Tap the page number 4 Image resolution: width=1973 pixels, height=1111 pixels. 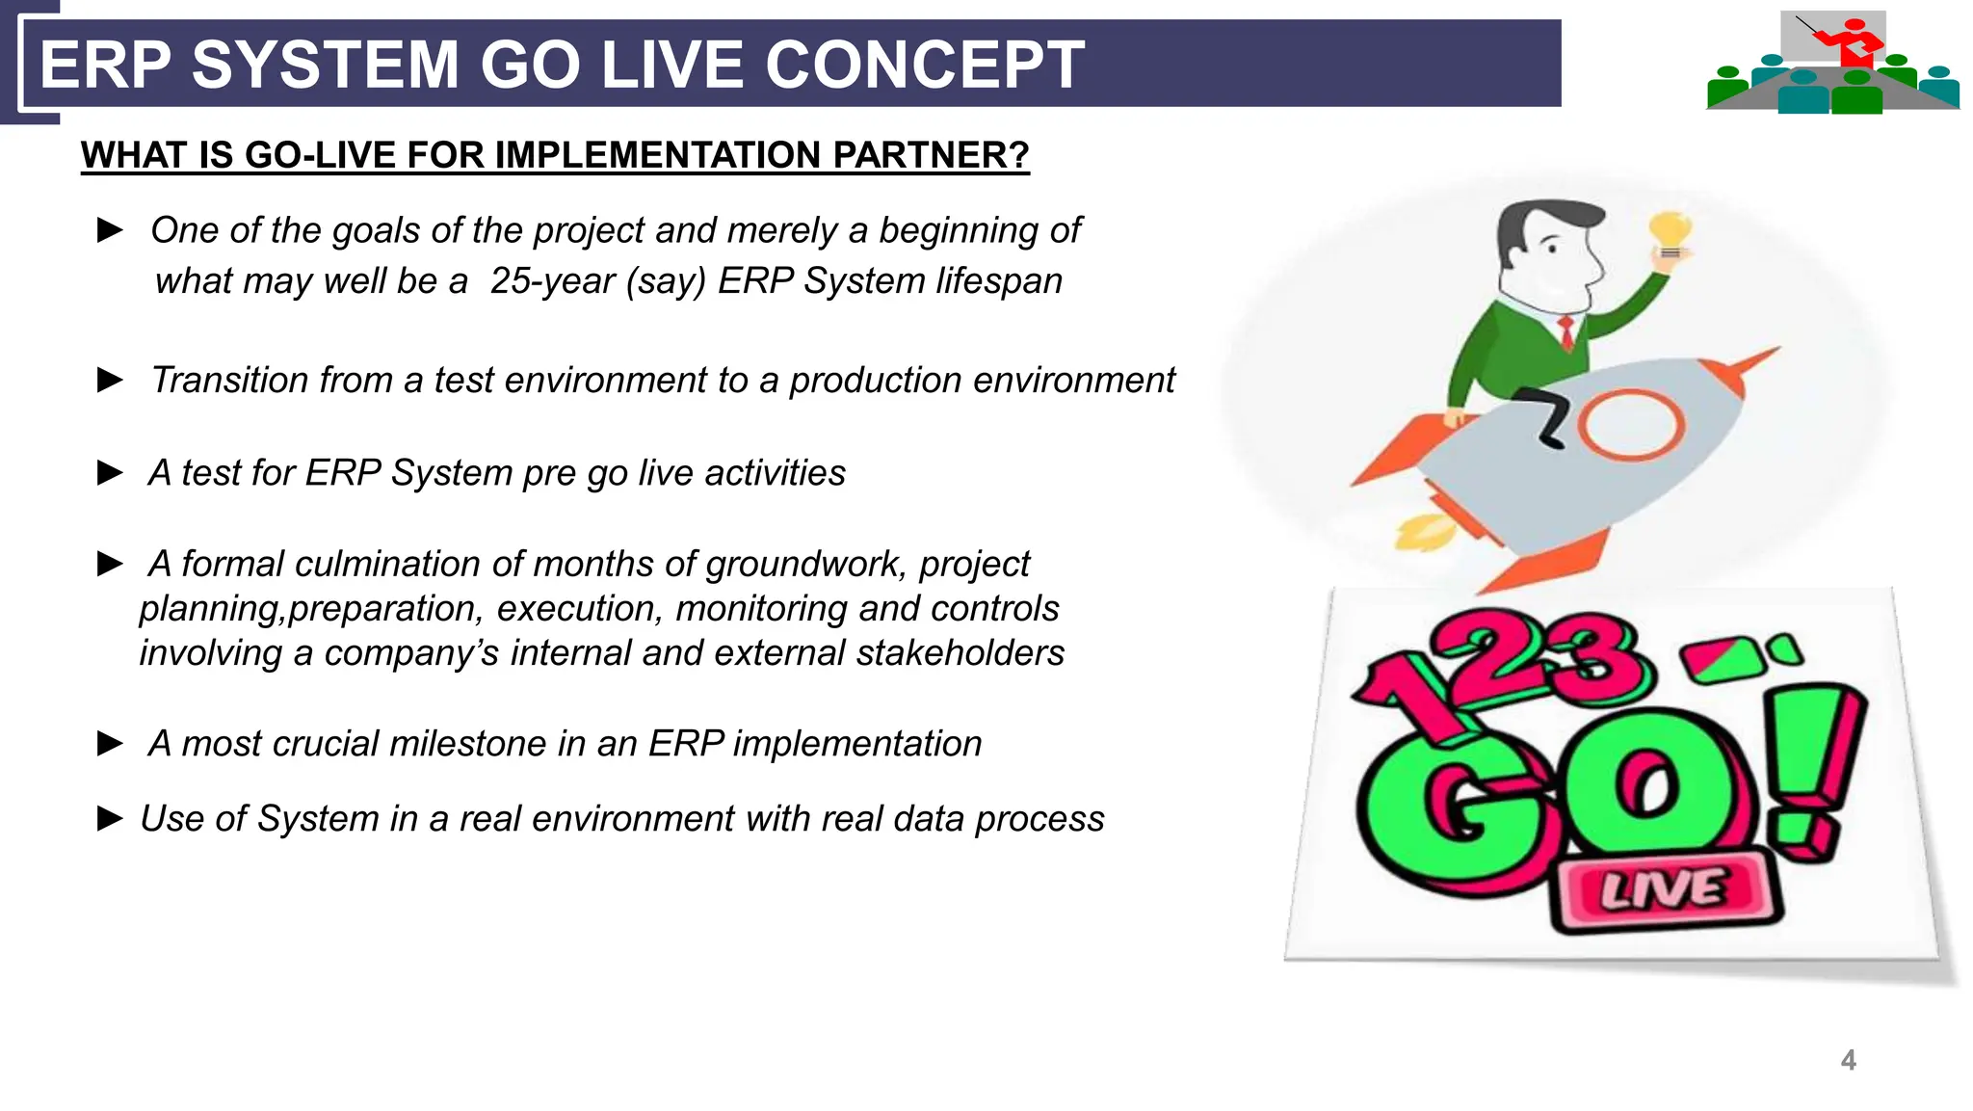point(1848,1060)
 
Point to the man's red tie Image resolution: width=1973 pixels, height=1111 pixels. point(1567,331)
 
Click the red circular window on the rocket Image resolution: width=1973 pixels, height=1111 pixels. point(1630,424)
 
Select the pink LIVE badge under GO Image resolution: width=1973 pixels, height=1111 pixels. point(1664,890)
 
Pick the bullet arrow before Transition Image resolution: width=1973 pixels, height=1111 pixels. point(111,381)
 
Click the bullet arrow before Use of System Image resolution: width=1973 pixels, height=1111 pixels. point(111,819)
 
